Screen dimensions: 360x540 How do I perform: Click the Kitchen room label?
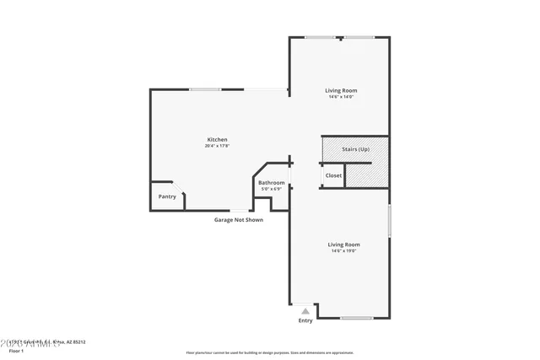[x=218, y=139]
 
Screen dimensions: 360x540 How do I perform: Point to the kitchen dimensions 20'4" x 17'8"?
[x=218, y=146]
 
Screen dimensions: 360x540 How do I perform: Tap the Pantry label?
[x=167, y=196]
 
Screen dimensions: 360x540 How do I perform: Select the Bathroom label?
[x=272, y=182]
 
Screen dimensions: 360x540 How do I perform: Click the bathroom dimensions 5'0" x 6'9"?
[x=272, y=189]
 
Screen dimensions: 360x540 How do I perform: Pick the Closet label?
[x=333, y=175]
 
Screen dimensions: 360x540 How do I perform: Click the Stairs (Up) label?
[x=355, y=149]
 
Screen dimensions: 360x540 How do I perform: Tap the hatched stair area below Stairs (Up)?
[x=368, y=173]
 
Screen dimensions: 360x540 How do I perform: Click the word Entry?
[x=305, y=320]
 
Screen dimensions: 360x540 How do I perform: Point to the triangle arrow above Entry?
[x=305, y=311]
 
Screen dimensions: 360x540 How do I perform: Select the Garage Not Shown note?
[x=238, y=220]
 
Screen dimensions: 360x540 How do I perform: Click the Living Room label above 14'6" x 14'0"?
[x=342, y=90]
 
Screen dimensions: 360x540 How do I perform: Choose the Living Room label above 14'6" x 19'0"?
[x=344, y=244]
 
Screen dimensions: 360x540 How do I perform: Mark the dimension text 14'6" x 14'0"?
[x=342, y=97]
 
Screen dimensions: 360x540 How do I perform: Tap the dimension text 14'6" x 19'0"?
[x=344, y=251]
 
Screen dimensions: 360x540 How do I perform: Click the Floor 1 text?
[x=17, y=350]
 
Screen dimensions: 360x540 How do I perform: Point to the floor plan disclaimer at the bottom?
[x=270, y=353]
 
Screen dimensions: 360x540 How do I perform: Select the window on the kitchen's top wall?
[x=205, y=89]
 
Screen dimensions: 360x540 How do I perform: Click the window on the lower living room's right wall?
[x=389, y=222]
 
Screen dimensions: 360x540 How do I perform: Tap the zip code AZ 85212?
[x=74, y=342]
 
